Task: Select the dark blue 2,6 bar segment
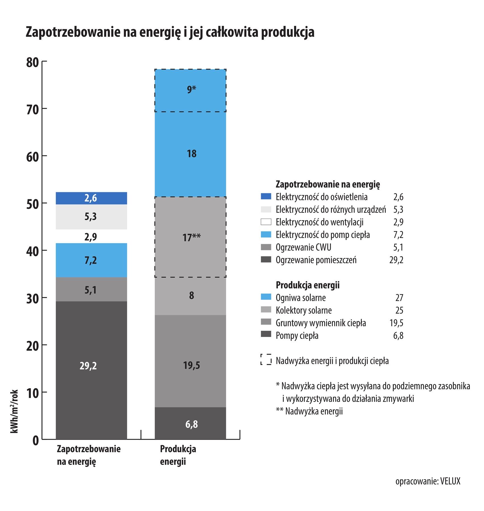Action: tap(91, 198)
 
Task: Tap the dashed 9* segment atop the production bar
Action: tap(190, 90)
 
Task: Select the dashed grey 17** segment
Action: tap(190, 237)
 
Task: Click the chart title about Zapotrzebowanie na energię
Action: tap(170, 32)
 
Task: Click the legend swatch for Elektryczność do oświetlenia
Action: tap(266, 196)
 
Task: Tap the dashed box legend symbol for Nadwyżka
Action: tap(266, 359)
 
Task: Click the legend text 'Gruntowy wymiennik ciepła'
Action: tap(321, 323)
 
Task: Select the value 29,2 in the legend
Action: tap(396, 260)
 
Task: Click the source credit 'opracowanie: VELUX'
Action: tap(428, 481)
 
